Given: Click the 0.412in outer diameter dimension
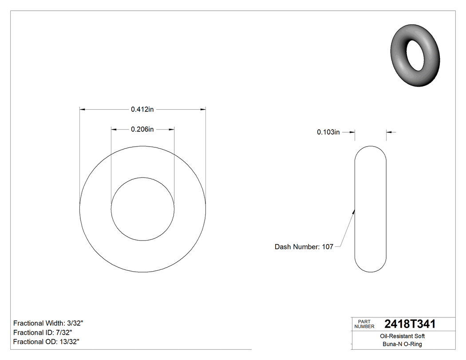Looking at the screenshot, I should click(x=142, y=109).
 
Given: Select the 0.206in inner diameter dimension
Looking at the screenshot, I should click(x=142, y=130).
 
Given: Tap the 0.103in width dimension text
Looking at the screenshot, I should click(x=328, y=132).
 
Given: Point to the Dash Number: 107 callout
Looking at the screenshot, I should click(x=304, y=247).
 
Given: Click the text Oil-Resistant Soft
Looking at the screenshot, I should click(x=403, y=336).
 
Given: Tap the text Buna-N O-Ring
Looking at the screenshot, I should click(x=403, y=344).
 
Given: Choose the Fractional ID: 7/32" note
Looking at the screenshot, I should click(x=43, y=332).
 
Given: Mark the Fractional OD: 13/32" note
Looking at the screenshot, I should click(x=46, y=342).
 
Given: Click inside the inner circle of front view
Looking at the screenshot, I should click(x=142, y=209).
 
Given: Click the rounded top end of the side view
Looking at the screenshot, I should click(x=371, y=148).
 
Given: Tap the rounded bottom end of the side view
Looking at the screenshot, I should click(x=371, y=270).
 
